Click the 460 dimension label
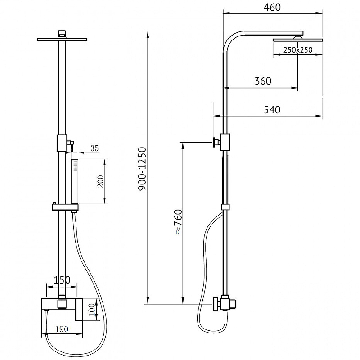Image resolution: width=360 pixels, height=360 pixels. point(272,7)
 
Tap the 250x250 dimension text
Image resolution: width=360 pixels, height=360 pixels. point(298,50)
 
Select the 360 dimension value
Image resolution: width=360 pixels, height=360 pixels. point(263,81)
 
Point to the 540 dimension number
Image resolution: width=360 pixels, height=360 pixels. point(272,110)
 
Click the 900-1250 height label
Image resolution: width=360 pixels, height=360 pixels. point(142,169)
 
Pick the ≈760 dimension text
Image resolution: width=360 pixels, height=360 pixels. point(178,221)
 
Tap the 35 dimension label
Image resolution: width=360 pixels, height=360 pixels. point(94,148)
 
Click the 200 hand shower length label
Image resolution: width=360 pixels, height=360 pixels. point(101,181)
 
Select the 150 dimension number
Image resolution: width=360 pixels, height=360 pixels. point(62,280)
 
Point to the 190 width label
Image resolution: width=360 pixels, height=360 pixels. point(62,329)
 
